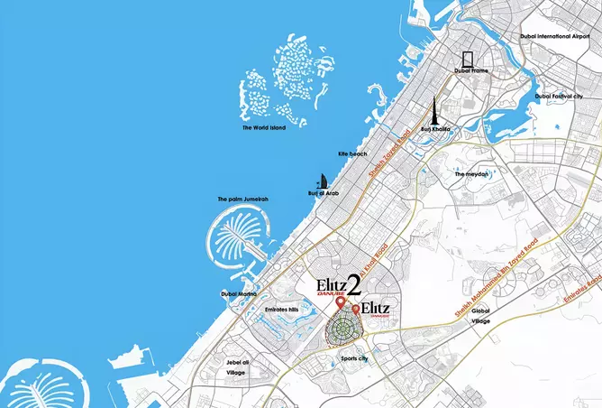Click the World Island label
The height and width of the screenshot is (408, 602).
pos(266,127)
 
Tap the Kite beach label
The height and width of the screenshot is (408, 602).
pos(352,154)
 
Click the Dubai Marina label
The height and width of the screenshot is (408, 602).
pos(240,294)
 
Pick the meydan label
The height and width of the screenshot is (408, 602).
pos(471,173)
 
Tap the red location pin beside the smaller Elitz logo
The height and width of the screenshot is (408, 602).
pos(356,310)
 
